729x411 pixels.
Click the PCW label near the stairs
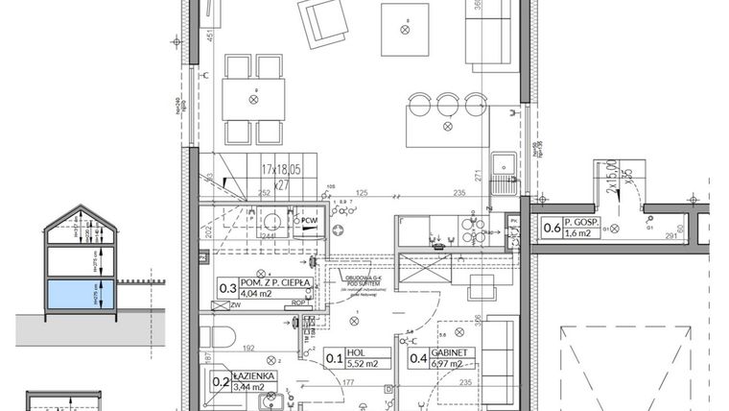pyautogui.click(x=310, y=220)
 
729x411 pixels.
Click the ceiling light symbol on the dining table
pyautogui.click(x=254, y=98)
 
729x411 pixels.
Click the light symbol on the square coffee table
pyautogui.click(x=405, y=30)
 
